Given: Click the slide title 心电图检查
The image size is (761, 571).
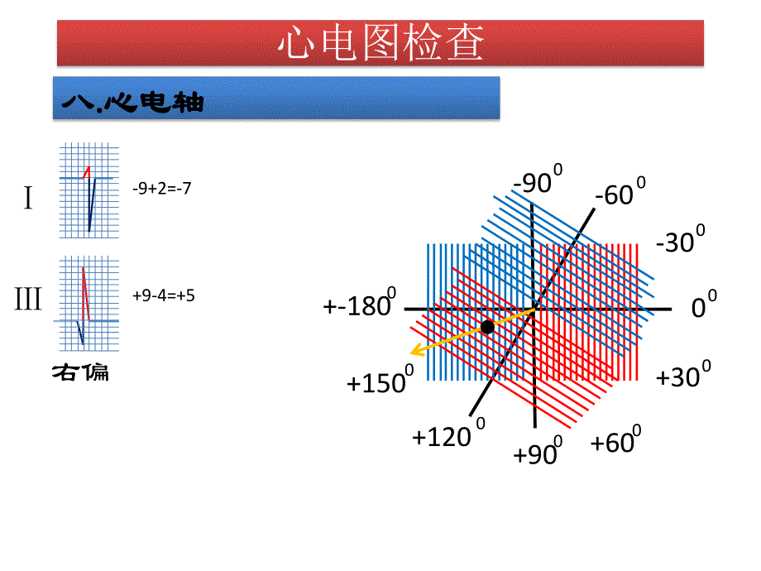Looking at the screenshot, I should click(380, 43).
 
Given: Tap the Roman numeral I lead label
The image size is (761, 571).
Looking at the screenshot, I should click(29, 199).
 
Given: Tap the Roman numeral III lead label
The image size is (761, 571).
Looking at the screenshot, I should click(28, 300).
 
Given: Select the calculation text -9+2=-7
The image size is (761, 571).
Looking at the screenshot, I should click(161, 189).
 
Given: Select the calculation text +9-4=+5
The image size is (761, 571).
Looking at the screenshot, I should click(163, 295).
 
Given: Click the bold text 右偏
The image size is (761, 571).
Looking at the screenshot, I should click(80, 372).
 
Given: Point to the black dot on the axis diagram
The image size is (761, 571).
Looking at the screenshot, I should click(487, 328).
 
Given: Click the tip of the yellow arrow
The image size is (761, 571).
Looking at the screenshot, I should click(414, 353).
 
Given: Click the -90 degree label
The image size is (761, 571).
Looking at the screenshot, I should click(537, 181).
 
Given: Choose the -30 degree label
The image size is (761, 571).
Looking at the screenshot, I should click(680, 241).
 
